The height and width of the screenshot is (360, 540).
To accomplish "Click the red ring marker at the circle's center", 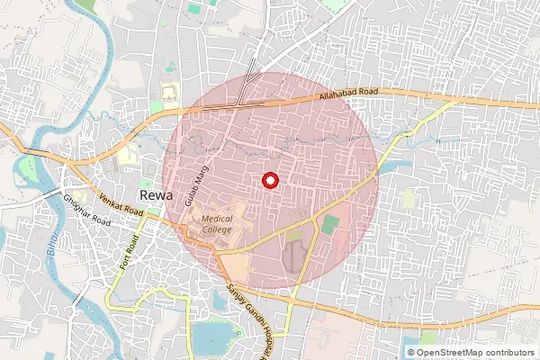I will (x=269, y=180).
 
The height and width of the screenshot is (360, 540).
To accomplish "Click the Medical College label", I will (x=216, y=224).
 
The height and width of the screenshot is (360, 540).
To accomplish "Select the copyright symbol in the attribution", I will (x=411, y=352).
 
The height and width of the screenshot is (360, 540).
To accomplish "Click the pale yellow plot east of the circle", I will (x=409, y=199).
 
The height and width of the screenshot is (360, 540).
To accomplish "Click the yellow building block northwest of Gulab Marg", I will (x=170, y=92).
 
